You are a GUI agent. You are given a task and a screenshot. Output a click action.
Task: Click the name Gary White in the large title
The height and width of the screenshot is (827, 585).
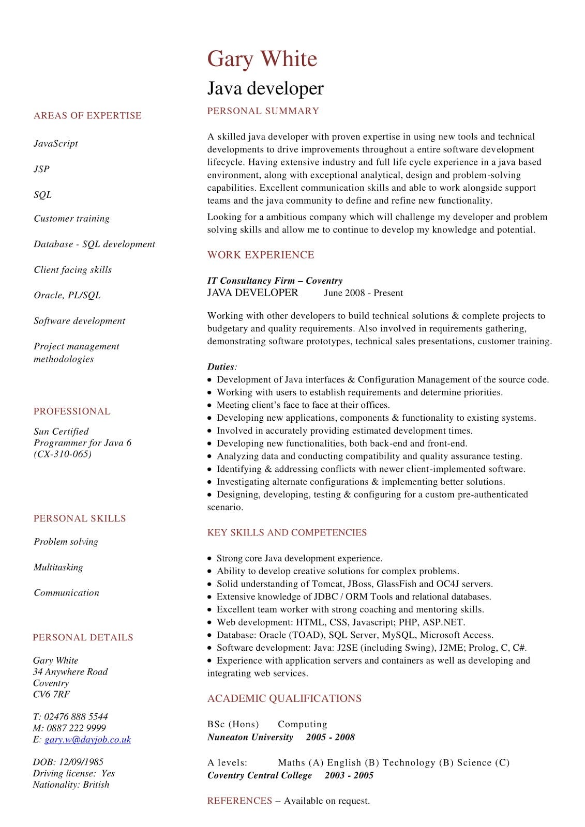pos(262,59)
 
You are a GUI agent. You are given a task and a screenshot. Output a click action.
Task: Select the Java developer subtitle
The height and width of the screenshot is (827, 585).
pos(265,88)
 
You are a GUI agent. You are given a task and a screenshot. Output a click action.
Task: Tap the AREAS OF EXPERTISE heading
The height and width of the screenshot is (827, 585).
pos(87,116)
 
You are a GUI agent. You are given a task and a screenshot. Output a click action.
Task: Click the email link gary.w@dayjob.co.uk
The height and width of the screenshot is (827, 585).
pos(87,740)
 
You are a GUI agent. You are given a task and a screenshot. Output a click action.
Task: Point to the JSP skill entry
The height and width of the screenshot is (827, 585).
pos(42,169)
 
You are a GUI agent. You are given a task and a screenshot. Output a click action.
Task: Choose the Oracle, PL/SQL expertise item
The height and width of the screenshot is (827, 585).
pos(67,296)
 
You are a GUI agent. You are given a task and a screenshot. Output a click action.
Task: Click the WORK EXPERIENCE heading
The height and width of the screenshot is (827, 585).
pos(261,255)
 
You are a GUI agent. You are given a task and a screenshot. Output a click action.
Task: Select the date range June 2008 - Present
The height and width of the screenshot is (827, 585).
pos(363,293)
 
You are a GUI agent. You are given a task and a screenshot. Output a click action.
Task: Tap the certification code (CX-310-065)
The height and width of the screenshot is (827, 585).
pos(63,454)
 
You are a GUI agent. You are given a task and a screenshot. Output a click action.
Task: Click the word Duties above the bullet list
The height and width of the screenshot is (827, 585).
pos(221,367)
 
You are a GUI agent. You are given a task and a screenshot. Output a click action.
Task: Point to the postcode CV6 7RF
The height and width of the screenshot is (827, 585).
pos(51,695)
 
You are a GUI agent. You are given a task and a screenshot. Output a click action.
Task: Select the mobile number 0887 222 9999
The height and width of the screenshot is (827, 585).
pos(76,728)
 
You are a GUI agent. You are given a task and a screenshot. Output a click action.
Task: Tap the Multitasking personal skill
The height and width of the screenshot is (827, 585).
pos(58,568)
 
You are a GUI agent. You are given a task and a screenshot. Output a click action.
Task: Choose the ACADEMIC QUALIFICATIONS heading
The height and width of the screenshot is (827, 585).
pos(284,699)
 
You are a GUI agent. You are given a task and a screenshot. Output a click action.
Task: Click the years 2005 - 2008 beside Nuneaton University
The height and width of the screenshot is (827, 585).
pos(330,738)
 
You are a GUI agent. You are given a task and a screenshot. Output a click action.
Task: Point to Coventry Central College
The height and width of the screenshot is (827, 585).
pos(260,776)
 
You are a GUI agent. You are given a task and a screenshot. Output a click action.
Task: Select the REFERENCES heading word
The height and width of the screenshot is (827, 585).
pos(239,801)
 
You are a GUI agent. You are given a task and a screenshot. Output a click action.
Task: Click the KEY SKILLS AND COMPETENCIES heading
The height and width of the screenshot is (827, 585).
pos(287,533)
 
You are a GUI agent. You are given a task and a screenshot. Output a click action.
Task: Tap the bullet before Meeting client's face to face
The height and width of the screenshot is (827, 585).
pos(209,406)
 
